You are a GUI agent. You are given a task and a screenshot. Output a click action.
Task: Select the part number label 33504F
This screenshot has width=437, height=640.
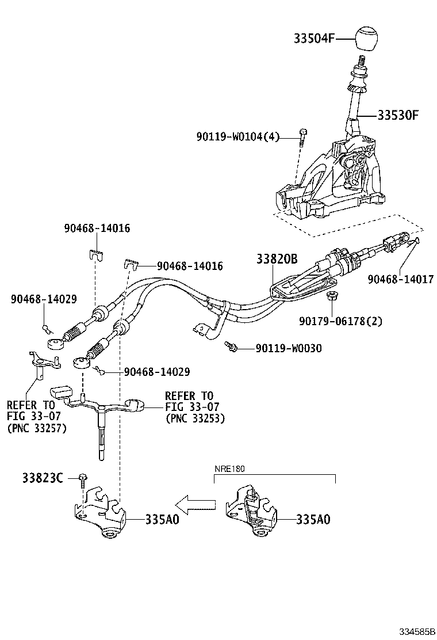click(x=315, y=39)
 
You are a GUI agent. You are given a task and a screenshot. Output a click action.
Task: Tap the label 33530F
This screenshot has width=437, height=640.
click(x=398, y=115)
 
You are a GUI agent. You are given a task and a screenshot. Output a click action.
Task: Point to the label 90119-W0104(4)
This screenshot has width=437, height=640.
click(x=237, y=136)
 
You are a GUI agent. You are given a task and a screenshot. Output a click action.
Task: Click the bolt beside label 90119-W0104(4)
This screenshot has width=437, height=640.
click(x=303, y=136)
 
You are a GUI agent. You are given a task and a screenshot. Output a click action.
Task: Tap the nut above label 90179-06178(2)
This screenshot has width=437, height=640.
click(x=331, y=297)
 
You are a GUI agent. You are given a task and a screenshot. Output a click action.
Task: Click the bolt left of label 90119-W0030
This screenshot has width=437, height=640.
click(x=232, y=346)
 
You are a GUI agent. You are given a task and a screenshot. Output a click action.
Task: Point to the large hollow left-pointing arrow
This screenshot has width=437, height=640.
click(x=195, y=505)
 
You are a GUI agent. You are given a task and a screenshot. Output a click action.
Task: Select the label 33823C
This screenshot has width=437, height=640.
click(x=43, y=478)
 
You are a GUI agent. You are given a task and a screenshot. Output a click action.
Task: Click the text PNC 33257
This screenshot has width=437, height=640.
click(x=37, y=428)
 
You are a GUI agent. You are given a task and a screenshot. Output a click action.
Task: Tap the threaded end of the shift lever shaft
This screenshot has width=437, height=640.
click(x=362, y=60)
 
